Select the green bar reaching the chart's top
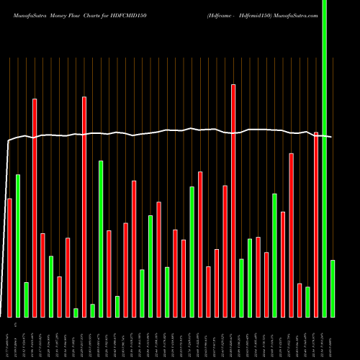(324, 158)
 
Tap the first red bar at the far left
(9, 257)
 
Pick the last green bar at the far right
(333, 288)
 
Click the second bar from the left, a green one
(18, 246)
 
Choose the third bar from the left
(26, 299)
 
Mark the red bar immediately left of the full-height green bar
(316, 224)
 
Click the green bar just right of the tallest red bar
(241, 288)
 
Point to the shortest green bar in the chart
(76, 312)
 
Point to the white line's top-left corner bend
(9, 141)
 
